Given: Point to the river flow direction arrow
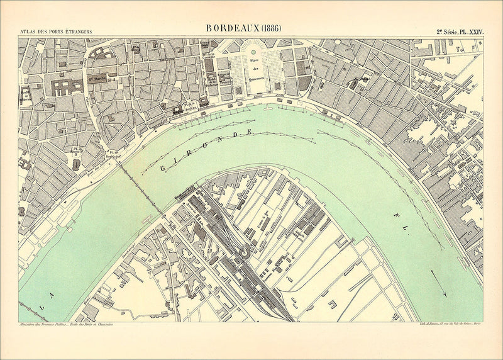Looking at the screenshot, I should click(439, 284).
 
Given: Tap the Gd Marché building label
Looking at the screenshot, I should click(97, 79).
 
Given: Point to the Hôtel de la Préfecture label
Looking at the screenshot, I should click(224, 77).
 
